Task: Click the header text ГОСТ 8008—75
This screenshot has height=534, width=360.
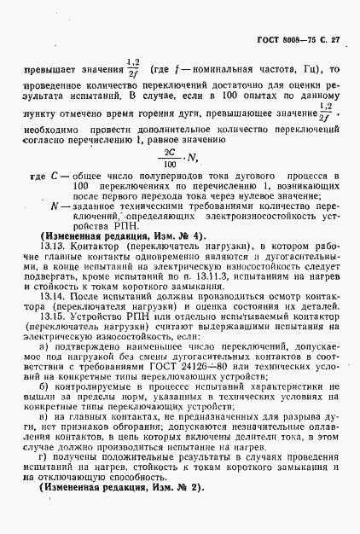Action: [280, 41]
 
